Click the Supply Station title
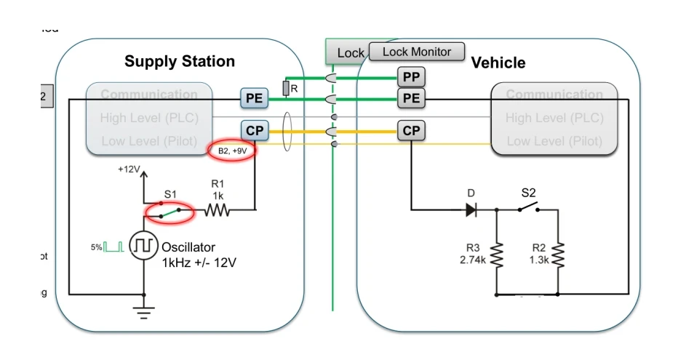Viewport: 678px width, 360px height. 180,61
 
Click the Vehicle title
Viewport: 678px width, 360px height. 498,63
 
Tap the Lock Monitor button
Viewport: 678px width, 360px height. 416,52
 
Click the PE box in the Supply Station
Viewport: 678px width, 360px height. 255,97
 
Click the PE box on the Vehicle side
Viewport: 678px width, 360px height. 412,97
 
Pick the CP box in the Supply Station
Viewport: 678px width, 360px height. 255,131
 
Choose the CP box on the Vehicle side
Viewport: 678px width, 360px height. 412,131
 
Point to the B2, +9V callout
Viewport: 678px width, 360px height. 233,151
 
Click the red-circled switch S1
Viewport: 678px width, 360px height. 169,212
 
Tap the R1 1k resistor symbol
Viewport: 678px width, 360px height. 217,211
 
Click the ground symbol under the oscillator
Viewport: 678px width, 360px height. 143,311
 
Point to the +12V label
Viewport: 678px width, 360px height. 129,169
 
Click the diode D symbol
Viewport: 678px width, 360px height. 471,210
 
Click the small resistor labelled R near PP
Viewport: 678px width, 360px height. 287,89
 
